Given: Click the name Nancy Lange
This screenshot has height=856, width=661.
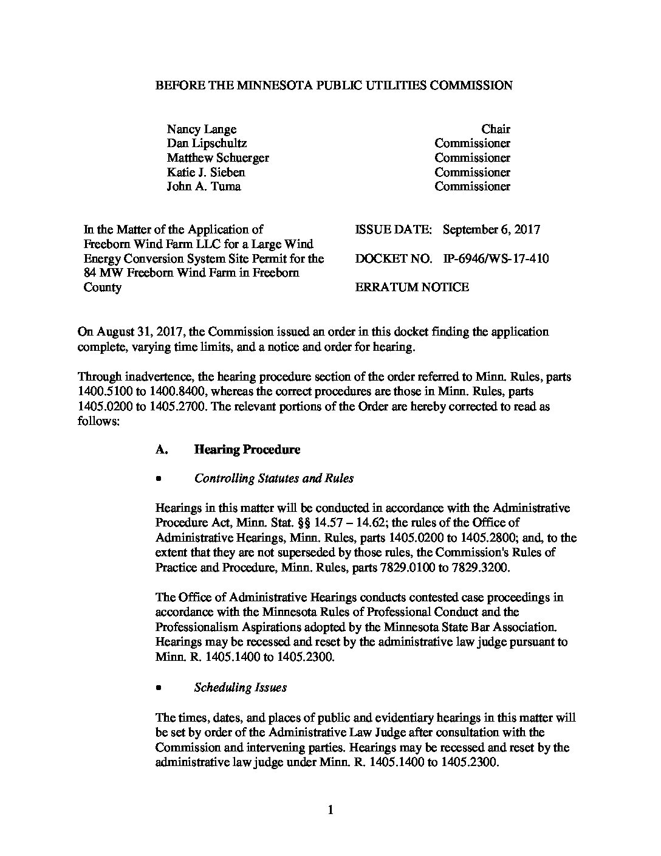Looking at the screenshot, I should [x=201, y=129].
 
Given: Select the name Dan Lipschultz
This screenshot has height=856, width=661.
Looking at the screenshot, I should [x=207, y=143].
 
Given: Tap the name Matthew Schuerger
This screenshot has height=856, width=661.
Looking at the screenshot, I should [x=217, y=158].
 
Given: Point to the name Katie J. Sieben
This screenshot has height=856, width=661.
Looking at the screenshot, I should [x=206, y=172].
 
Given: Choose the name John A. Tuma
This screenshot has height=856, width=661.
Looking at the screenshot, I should [x=204, y=187].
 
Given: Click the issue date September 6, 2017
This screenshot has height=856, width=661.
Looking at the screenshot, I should [x=491, y=230].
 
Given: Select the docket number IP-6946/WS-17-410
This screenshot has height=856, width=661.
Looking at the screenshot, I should [x=496, y=259].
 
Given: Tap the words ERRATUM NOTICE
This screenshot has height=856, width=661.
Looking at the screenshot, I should [x=411, y=288].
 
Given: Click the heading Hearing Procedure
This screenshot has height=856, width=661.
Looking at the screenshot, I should [x=247, y=450].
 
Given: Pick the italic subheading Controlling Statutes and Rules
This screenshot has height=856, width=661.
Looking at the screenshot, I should [x=273, y=478].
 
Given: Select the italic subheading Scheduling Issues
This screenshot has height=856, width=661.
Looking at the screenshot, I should [x=240, y=688].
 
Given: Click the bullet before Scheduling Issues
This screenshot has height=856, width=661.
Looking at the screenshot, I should [x=159, y=688].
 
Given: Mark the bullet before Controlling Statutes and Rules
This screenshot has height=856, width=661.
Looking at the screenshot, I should [x=159, y=479].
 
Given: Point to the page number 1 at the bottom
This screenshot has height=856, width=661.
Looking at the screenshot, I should [x=330, y=810].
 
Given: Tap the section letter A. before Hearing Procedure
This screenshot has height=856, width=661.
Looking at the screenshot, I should [x=161, y=450].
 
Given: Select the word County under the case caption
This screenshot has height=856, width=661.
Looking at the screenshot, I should [x=102, y=288].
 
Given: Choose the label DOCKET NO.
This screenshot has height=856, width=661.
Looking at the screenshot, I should [x=393, y=259].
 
